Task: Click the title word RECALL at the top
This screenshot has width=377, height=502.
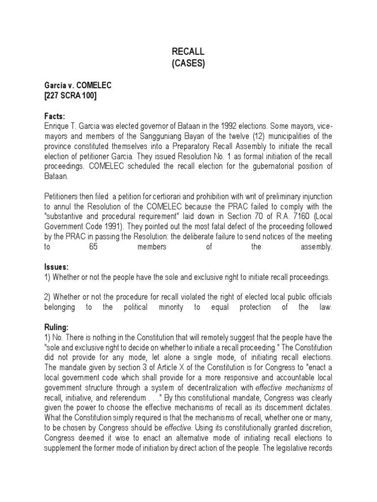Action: point(188,51)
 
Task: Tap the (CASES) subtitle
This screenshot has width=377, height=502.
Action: point(188,63)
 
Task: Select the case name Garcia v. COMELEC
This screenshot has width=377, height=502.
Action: point(78,85)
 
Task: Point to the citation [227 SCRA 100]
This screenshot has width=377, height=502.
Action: point(70,96)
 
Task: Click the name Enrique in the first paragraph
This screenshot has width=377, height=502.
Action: point(57,125)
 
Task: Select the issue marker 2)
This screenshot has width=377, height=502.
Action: point(47,297)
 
